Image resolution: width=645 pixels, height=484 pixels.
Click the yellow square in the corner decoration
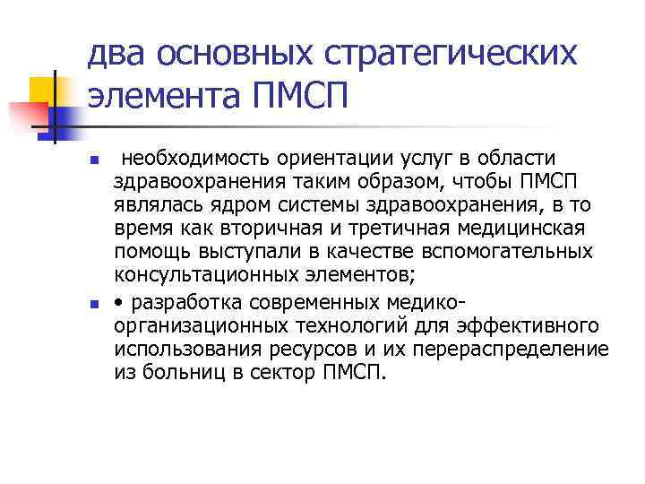coord(45,89)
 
